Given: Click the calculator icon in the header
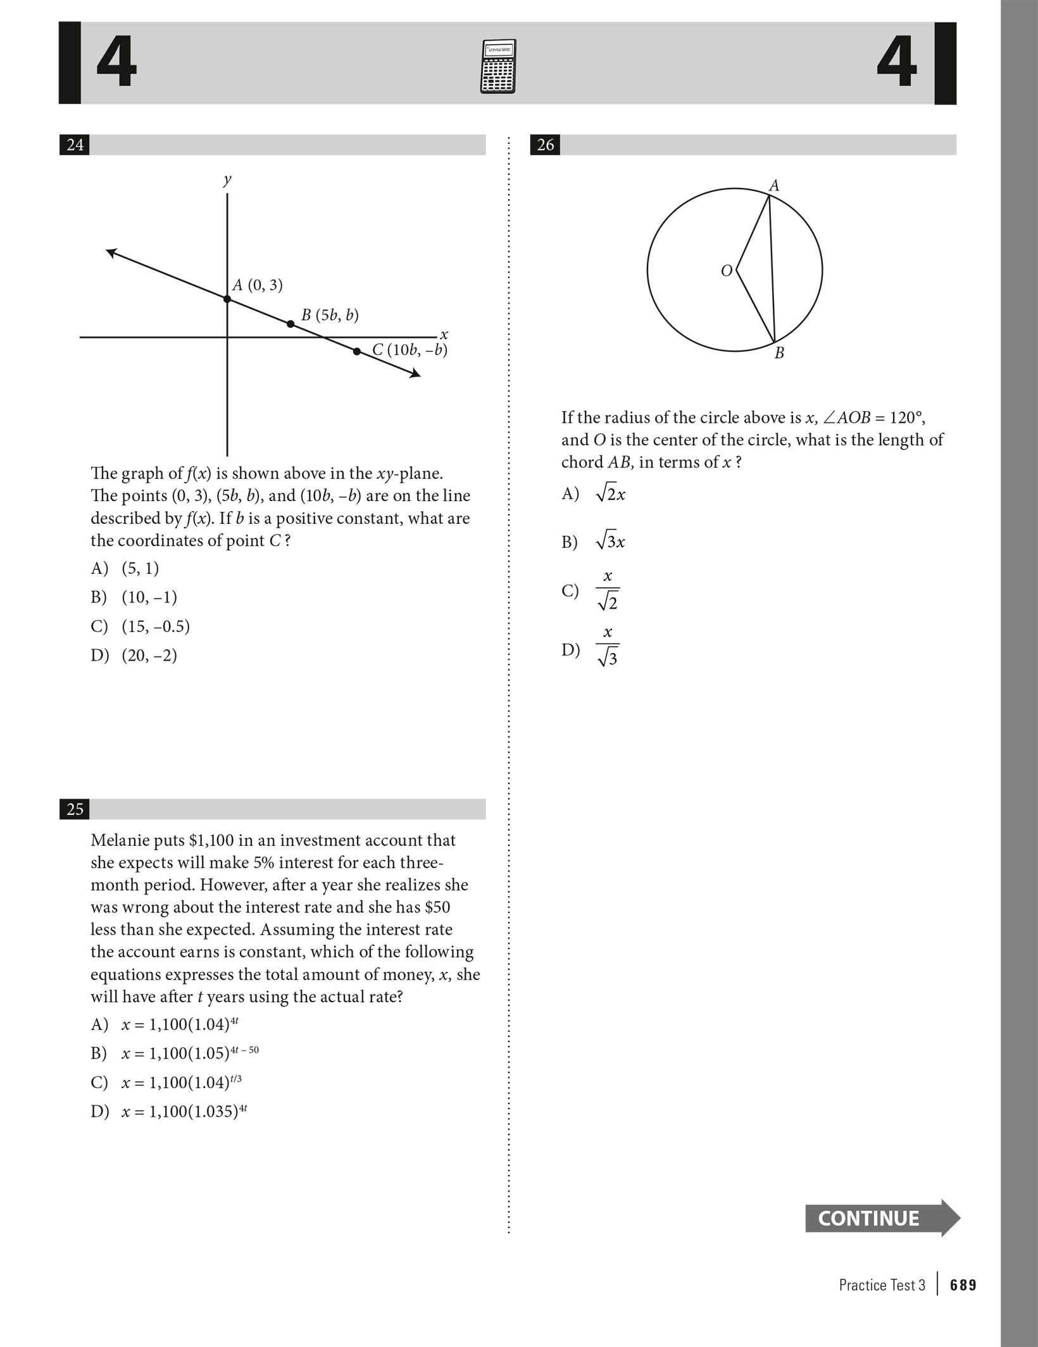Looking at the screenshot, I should coord(498,66).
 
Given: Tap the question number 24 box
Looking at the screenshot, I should coord(75,145).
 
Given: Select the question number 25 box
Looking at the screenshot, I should coord(75,809).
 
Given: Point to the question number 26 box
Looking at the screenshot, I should coord(545,145).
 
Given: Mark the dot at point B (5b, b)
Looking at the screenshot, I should coord(291,324).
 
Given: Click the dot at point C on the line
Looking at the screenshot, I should coord(357,351).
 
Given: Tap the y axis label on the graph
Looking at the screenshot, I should coord(227,180).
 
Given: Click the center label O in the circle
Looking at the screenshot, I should coord(727,271).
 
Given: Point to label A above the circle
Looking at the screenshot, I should coord(774,186).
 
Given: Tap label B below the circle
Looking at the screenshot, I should coord(779,354).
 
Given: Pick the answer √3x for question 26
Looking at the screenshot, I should coord(610,542).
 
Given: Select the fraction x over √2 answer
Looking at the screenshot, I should coord(608,590).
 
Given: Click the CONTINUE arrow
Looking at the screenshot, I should coord(882,1218).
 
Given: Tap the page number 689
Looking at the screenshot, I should coord(963,1286).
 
